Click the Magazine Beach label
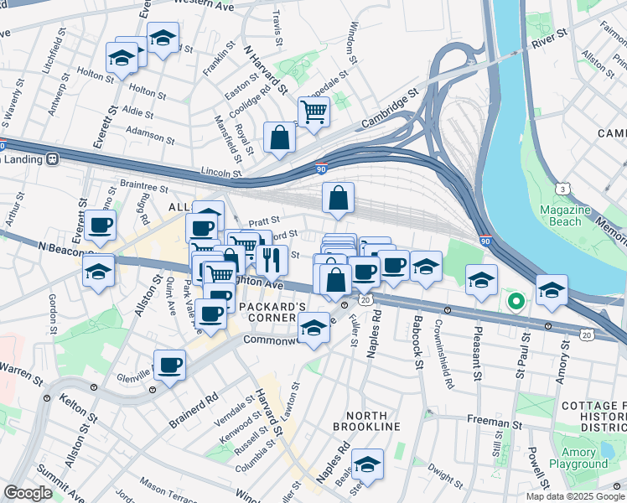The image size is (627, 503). (x=560, y=215)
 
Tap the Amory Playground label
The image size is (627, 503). (x=578, y=458)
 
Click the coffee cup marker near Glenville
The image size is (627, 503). (x=169, y=365)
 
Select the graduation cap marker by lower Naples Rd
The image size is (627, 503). (x=367, y=463)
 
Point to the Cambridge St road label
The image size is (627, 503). (x=389, y=111)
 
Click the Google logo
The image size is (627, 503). (x=28, y=492)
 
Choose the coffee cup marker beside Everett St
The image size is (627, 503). (x=99, y=224)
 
